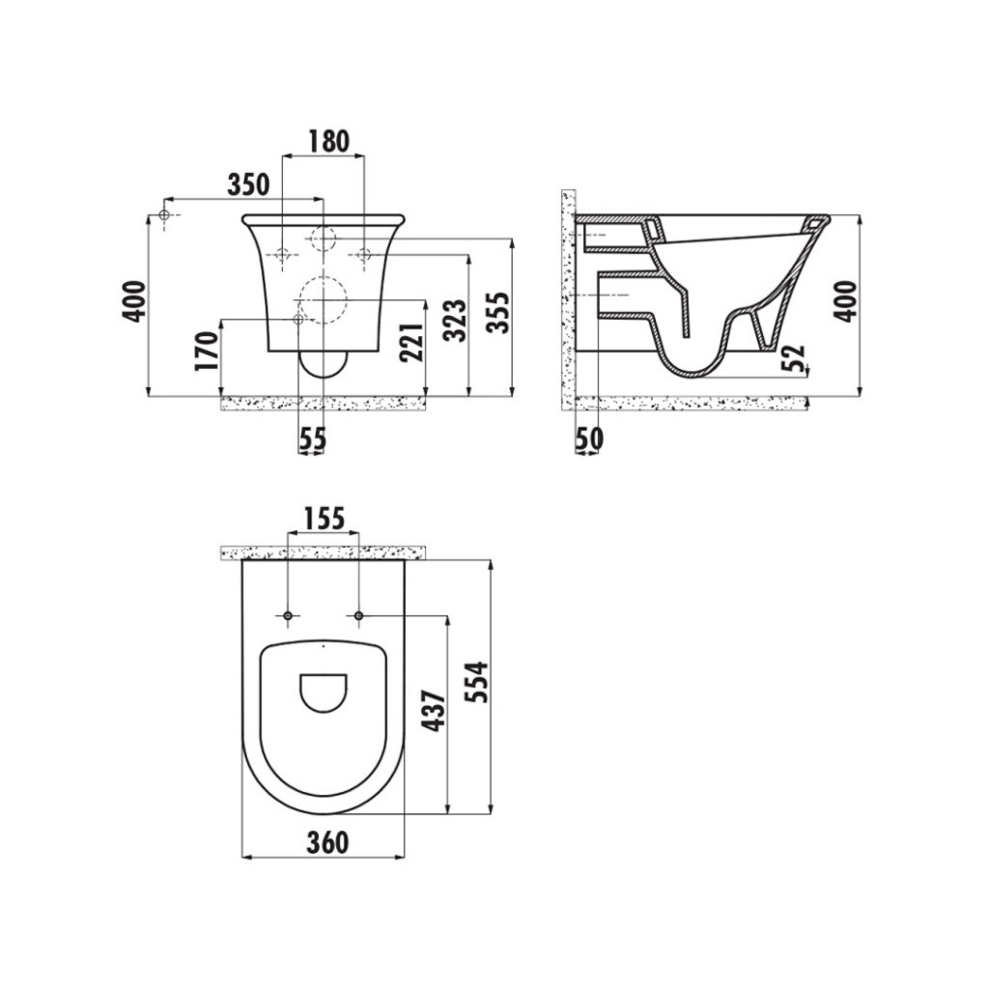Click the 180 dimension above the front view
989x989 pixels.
pyautogui.click(x=328, y=141)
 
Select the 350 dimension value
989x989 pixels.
pyautogui.click(x=248, y=184)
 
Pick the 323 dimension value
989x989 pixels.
pyautogui.click(x=456, y=321)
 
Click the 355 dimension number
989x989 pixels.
pyautogui.click(x=496, y=311)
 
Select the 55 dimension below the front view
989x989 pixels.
pyautogui.click(x=312, y=439)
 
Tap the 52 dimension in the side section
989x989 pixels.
pyautogui.click(x=793, y=358)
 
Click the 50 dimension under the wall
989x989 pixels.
pyautogui.click(x=588, y=439)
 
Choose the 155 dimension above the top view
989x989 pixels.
pyautogui.click(x=324, y=519)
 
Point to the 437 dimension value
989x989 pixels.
pyautogui.click(x=434, y=711)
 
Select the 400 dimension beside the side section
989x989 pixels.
pyautogui.click(x=845, y=300)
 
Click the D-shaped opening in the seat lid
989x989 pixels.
pyautogui.click(x=324, y=692)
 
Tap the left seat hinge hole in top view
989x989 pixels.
pyautogui.click(x=289, y=615)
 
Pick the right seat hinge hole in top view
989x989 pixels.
pyautogui.click(x=359, y=615)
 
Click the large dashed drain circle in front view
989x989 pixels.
pyautogui.click(x=322, y=298)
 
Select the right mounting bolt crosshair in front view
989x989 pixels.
pyautogui.click(x=364, y=255)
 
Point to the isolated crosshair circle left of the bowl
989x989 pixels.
pyautogui.click(x=164, y=214)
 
